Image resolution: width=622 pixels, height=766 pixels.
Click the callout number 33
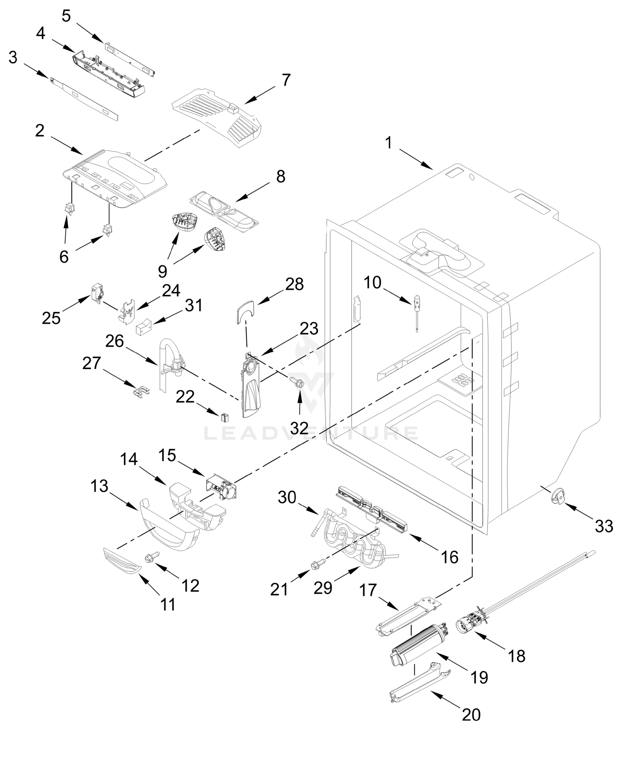point(604,527)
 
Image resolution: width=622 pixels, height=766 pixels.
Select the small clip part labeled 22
point(225,417)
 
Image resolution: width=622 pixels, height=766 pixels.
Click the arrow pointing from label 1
point(416,159)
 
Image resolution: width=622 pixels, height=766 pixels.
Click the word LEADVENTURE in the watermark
point(311,433)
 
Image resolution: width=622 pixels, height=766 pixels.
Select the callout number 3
point(13,57)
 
